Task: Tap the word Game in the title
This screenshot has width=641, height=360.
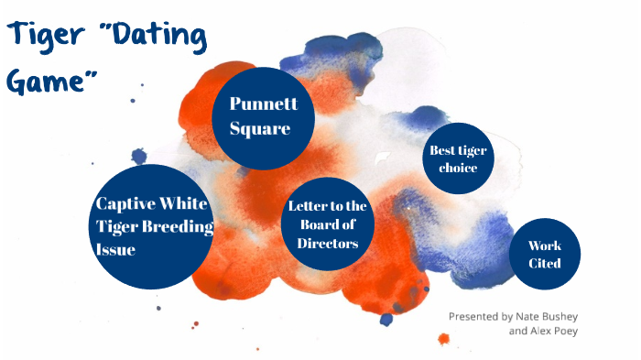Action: (x=49, y=82)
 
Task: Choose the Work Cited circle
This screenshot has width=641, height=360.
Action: (x=544, y=254)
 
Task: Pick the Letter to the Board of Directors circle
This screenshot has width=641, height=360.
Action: (x=327, y=224)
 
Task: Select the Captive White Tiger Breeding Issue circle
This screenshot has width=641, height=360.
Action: (x=155, y=224)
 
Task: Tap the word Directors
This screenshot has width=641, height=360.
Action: (x=327, y=243)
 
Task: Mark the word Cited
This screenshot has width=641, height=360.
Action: (x=544, y=264)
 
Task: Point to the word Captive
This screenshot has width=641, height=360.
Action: (x=128, y=203)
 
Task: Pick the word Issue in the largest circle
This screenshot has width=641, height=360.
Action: (x=115, y=248)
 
